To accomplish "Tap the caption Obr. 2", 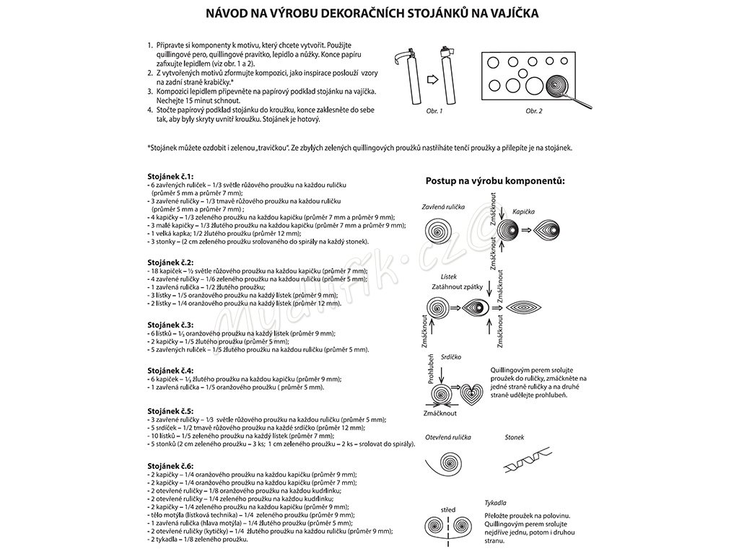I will tap(535, 111).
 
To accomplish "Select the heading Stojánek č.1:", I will tap(170, 177).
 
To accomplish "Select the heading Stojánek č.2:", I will tap(170, 263).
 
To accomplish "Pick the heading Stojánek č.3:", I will tap(170, 325).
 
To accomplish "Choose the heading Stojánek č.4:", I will tap(170, 371).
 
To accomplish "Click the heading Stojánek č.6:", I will tap(170, 466).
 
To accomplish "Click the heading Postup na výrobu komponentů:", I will tap(496, 180).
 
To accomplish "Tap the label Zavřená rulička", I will tap(442, 207).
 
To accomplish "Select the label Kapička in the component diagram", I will tap(524, 212).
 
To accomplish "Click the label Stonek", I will tap(515, 437).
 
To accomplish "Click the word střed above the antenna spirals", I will tap(449, 510).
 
